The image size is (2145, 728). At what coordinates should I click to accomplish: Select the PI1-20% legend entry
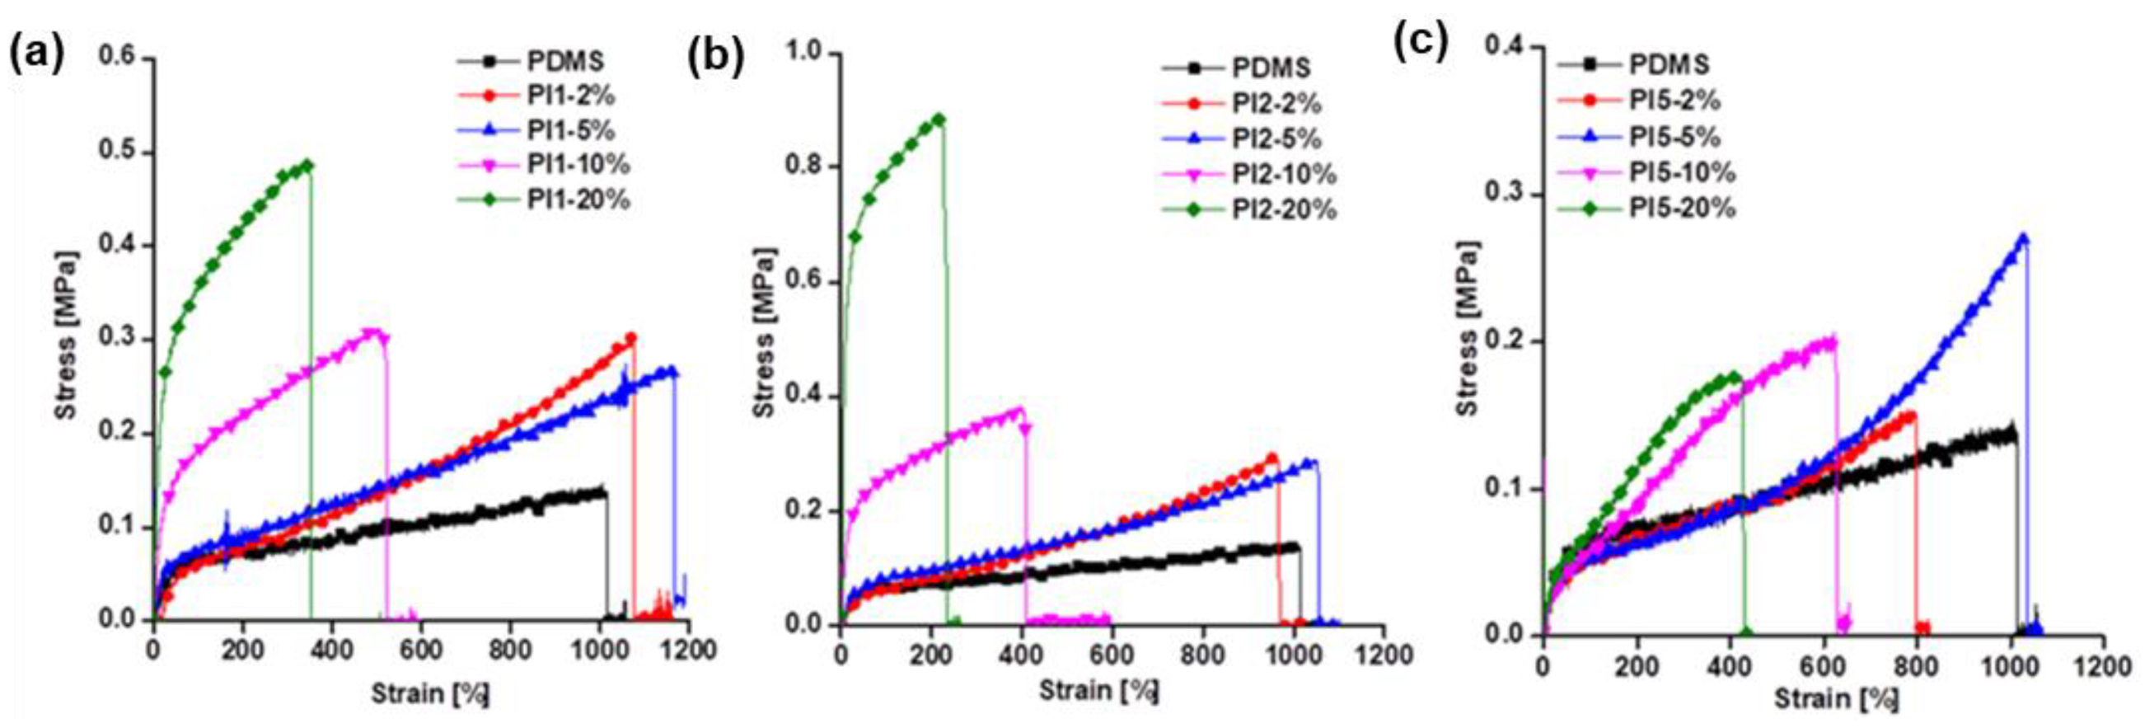click(x=578, y=200)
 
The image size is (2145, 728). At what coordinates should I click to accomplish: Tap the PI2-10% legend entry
click(x=1283, y=174)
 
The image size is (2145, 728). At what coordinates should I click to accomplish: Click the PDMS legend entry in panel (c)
click(x=1669, y=64)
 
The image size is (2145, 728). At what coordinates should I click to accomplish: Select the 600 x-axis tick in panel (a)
click(x=420, y=649)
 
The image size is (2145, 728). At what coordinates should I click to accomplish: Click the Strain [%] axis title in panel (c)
click(x=1836, y=698)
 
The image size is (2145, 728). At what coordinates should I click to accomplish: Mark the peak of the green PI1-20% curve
click(x=309, y=164)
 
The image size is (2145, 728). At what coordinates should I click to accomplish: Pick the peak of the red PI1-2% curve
click(x=630, y=337)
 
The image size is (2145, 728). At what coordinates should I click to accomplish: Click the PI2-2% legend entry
click(x=1276, y=103)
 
